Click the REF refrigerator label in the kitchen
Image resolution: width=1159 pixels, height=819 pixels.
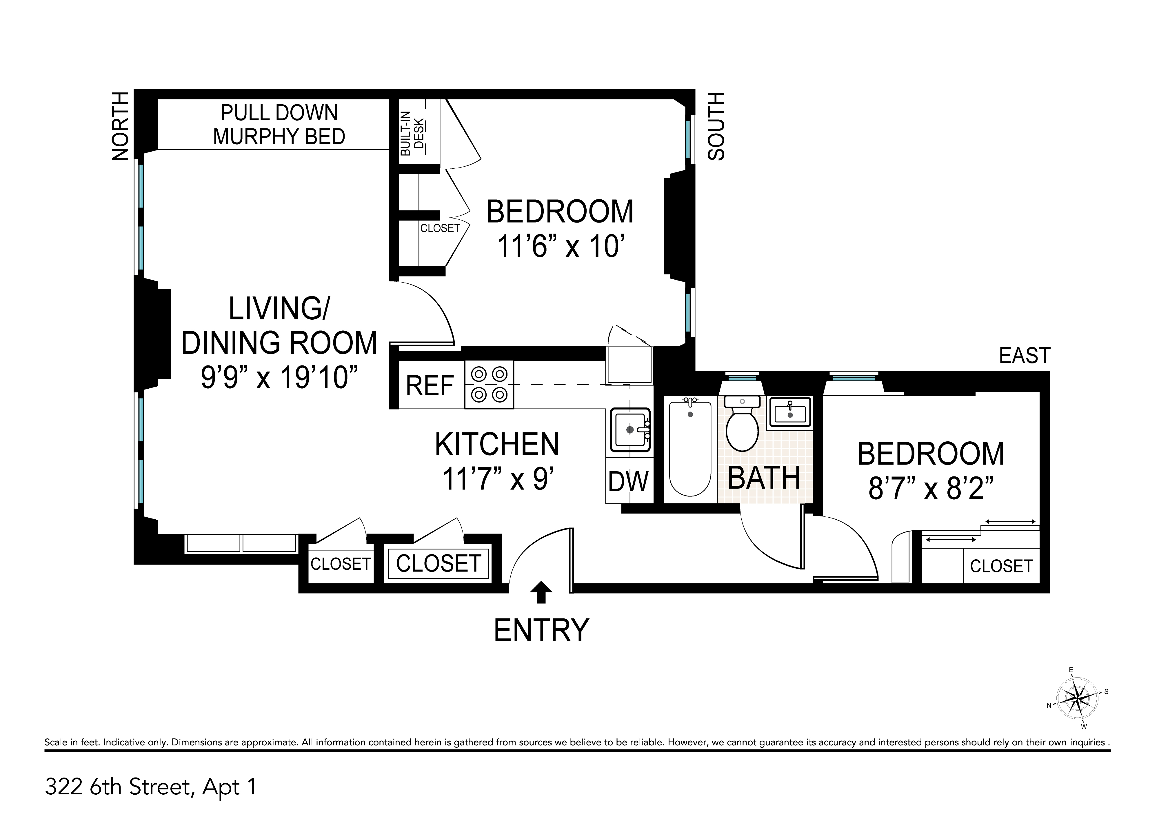click(430, 386)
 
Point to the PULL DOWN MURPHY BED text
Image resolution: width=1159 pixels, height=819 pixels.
click(279, 125)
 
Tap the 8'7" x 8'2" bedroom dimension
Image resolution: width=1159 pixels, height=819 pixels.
click(931, 489)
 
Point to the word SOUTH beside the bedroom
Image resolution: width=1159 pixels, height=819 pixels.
click(716, 126)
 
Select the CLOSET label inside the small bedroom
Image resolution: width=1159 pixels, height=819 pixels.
click(1002, 566)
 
